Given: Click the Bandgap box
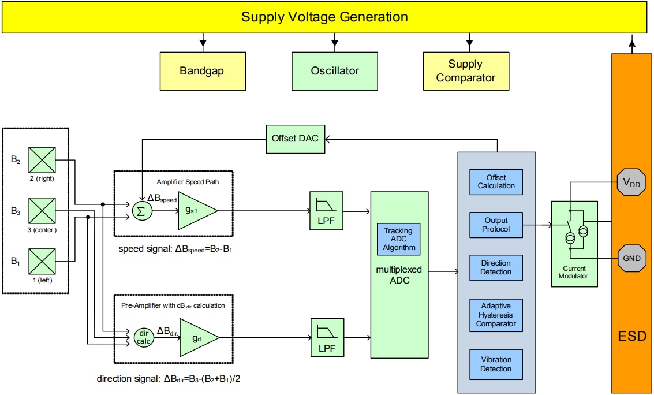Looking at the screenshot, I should coord(201,71).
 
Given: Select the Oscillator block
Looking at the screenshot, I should coord(335,71).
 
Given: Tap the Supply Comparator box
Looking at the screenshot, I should coord(466,71).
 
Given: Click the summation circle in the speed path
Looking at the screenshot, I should coord(140,211).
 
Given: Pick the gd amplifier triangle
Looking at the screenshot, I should coord(197,336).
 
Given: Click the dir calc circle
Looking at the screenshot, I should coord(143,337).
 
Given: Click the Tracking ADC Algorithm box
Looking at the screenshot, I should coord(398,240).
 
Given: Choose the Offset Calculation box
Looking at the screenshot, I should coord(496,181).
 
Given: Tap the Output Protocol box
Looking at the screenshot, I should coord(496,225).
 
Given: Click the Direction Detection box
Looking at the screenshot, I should coord(496,267).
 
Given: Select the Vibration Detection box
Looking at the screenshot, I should coord(496,364).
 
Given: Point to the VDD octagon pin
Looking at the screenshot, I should coord(631,182).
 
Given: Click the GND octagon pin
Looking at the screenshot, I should coord(631,258).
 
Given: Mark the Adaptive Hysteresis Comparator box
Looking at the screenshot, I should coord(496,315).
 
